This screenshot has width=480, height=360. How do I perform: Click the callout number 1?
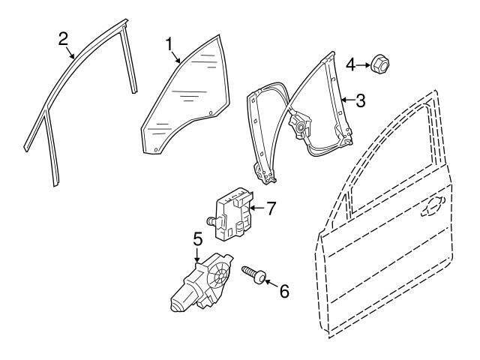pos(169,44)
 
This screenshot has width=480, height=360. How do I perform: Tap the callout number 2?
pos(64,39)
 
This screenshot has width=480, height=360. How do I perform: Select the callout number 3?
pos(361,100)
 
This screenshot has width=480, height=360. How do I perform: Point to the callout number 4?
pos(349,65)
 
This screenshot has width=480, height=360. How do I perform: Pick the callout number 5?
pos(197,240)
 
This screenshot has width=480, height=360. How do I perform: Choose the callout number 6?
pos(283,291)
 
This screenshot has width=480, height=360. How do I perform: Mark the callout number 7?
pos(271,208)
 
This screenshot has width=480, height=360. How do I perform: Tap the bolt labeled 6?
pos(252,274)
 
